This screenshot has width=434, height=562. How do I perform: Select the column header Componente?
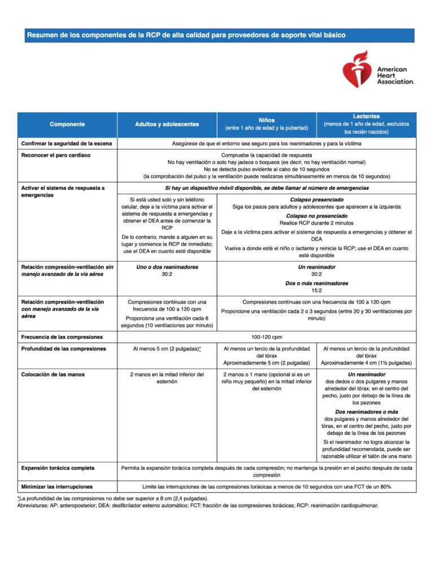pos(67,124)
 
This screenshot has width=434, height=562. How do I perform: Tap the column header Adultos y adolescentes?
pos(167,124)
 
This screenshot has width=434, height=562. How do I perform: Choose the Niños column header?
pos(267,120)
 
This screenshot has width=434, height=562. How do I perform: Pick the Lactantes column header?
pos(366,116)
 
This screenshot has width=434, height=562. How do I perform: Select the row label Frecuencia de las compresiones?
pos(62,337)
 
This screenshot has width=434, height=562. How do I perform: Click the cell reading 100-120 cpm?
pos(267,337)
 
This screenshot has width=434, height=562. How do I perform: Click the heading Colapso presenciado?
pos(316,200)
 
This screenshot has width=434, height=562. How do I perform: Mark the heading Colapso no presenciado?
pos(316,216)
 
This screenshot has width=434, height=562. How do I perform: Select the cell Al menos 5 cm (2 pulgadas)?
pos(167,349)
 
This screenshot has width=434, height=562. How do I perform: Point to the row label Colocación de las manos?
pos(58,374)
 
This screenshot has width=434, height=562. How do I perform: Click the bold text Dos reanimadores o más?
pos(366,412)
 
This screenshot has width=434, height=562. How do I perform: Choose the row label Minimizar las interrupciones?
pos(57,486)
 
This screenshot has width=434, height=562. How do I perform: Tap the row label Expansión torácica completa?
pos(58,468)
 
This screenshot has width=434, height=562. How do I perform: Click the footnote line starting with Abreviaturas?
pos(198,505)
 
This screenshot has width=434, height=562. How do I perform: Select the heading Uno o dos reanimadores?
pos(167,267)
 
